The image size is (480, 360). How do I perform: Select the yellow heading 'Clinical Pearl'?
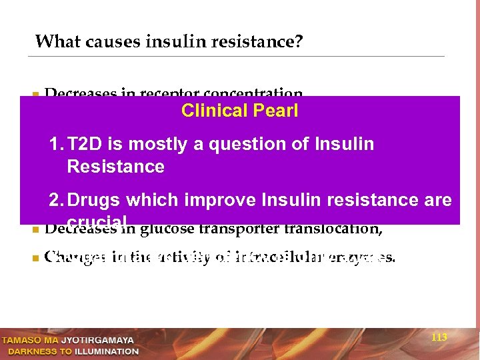coord(239,111)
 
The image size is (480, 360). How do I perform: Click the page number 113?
coord(439,338)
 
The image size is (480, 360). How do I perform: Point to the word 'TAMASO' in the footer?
coord(23,340)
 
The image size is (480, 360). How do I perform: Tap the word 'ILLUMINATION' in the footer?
coord(107,351)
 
